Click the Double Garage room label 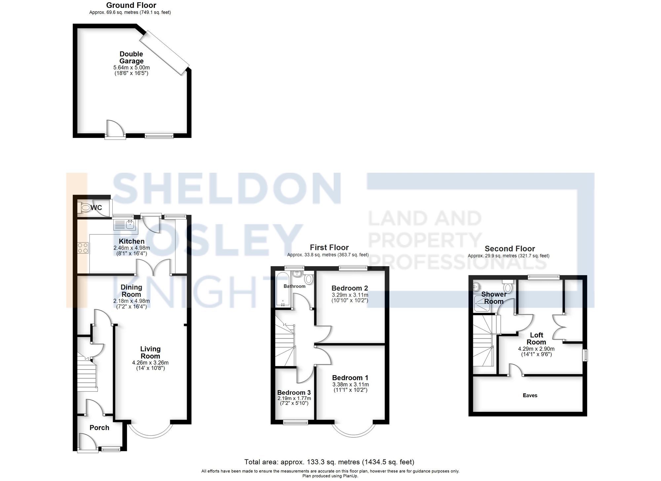pos(131,58)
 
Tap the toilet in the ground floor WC pos(85,208)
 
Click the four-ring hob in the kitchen pos(83,248)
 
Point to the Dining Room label pos(131,291)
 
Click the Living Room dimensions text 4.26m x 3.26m pos(150,363)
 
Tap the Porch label pos(99,427)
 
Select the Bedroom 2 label pos(350,288)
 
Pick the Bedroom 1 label pos(350,378)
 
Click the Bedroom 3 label pos(294,392)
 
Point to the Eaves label pos(530,395)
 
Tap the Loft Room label pos(536,339)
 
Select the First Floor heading pos(329,247)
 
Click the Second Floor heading pos(510,249)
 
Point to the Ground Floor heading pos(131,5)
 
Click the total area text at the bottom pos(329,462)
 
